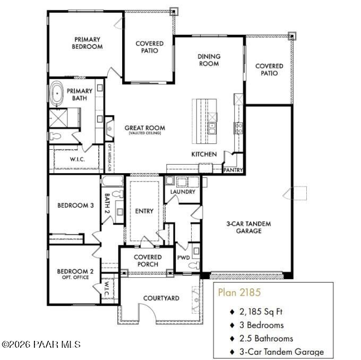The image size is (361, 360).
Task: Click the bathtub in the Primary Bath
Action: [x=57, y=93]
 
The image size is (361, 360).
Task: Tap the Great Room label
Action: [x=145, y=128]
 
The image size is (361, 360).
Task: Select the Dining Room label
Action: [x=209, y=60]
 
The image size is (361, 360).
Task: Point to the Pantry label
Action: [x=233, y=170]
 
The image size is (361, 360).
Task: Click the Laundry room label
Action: [x=183, y=192]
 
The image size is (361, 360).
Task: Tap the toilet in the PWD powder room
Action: [x=194, y=265]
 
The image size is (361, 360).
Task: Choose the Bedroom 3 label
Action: [x=75, y=205]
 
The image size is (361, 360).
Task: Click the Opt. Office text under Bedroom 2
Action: [x=75, y=277]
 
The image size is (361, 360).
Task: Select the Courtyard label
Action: [x=161, y=298]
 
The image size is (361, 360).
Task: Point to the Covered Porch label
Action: [x=148, y=261]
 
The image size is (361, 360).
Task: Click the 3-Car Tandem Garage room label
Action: [x=248, y=227]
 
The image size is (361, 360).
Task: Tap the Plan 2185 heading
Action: [x=239, y=292]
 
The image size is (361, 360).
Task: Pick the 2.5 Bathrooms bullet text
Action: [x=266, y=338]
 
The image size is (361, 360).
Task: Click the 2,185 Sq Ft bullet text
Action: [x=261, y=312]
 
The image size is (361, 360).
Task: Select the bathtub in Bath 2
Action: [x=113, y=181]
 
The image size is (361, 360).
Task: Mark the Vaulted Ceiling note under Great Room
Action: [x=145, y=133]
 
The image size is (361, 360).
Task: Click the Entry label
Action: [x=144, y=211]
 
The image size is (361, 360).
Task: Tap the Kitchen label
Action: [x=204, y=154]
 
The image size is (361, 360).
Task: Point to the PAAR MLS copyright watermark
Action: [x=41, y=345]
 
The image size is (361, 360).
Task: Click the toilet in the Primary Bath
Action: [x=55, y=136]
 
